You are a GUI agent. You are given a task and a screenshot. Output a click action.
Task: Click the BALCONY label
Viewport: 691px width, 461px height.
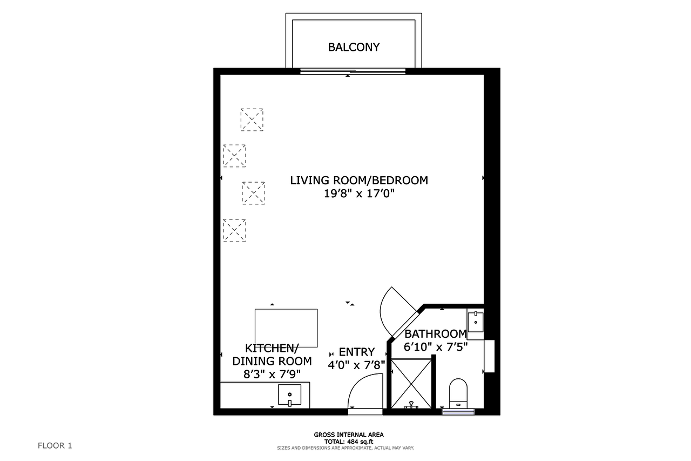pyautogui.click(x=354, y=47)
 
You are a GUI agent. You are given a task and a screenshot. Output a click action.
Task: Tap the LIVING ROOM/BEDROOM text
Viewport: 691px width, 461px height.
pyautogui.click(x=359, y=181)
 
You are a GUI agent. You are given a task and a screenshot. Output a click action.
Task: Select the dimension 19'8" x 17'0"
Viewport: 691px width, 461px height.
pyautogui.click(x=359, y=193)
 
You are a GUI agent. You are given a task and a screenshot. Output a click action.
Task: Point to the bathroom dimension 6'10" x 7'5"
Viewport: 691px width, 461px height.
pyautogui.click(x=436, y=347)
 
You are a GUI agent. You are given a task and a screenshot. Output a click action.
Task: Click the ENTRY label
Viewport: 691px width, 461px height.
pyautogui.click(x=357, y=352)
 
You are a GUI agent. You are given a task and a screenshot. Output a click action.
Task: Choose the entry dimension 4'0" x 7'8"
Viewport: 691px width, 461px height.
pyautogui.click(x=357, y=365)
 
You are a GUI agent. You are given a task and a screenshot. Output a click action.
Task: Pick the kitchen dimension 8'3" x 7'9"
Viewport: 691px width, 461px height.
pyautogui.click(x=272, y=375)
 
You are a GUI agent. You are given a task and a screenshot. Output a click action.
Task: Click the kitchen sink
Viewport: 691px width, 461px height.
pyautogui.click(x=290, y=395)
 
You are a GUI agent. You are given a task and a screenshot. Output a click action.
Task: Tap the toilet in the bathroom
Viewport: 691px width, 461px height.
pyautogui.click(x=458, y=393)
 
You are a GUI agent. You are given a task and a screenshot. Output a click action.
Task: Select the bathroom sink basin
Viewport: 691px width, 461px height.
pyautogui.click(x=476, y=322)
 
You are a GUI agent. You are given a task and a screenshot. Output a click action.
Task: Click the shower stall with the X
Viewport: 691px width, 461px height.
pyautogui.click(x=411, y=383)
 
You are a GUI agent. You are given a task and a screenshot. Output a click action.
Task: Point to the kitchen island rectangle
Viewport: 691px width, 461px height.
pyautogui.click(x=286, y=328)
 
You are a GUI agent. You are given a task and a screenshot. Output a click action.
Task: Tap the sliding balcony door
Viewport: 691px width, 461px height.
pyautogui.click(x=353, y=71)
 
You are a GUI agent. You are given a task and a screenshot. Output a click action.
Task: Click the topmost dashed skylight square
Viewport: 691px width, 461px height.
pyautogui.click(x=252, y=120)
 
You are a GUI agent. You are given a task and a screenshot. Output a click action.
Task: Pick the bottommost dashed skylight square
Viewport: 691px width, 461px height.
pyautogui.click(x=234, y=230)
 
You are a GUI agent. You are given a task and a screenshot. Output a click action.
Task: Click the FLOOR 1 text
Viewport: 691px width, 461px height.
pyautogui.click(x=55, y=445)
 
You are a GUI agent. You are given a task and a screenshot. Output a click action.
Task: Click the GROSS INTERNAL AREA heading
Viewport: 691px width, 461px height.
pyautogui.click(x=349, y=435)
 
